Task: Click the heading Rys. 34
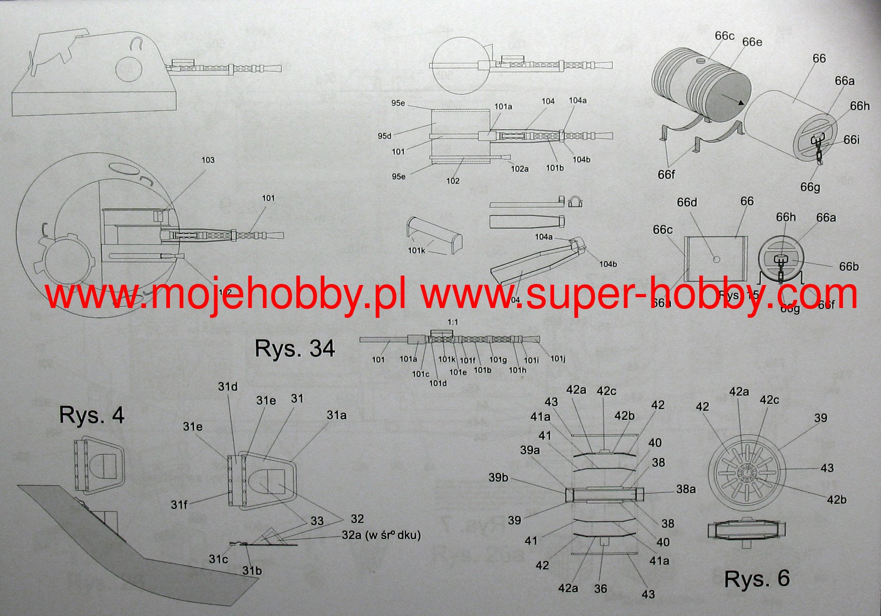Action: click(294, 349)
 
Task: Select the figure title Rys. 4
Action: click(92, 415)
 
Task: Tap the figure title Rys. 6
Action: click(757, 579)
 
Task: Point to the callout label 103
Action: click(208, 160)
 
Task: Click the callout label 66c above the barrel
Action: click(724, 36)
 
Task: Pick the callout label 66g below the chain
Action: click(810, 187)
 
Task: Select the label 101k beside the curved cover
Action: click(416, 251)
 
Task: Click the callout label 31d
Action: click(227, 387)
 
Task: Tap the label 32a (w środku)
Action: click(381, 535)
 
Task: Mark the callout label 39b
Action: click(498, 477)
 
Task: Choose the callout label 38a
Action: click(686, 489)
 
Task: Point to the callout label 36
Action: click(600, 589)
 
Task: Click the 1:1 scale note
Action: click(453, 322)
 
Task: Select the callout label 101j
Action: click(557, 359)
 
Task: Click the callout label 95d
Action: click(384, 136)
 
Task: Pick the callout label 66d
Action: click(687, 202)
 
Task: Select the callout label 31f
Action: click(179, 505)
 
